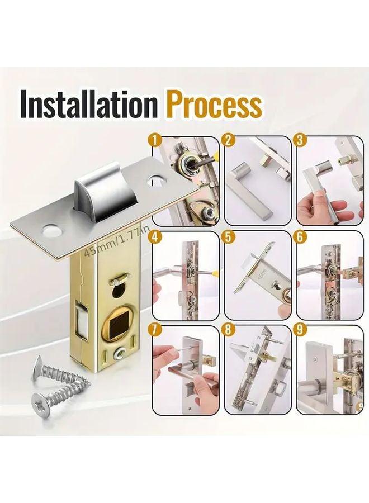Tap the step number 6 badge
click(301, 236)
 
